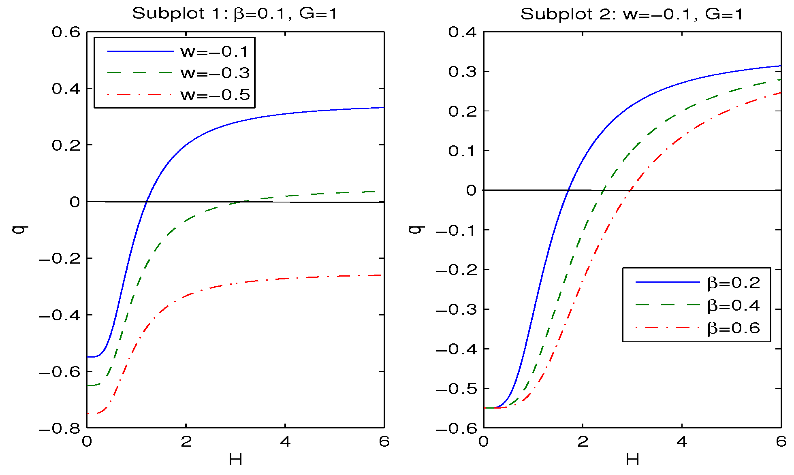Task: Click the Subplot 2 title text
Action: pos(632,14)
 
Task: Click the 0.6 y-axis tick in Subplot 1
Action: pos(66,32)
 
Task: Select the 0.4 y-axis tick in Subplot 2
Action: pos(463,32)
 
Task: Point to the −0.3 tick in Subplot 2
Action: pos(457,309)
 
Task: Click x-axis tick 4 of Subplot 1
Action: pos(285,441)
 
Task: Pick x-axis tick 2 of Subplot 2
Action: pos(583,441)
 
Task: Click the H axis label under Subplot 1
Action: pos(235,460)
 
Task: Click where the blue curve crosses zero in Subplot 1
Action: pos(147,201)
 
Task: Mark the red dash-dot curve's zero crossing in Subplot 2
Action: pos(630,190)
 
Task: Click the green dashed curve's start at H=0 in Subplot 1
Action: pos(88,385)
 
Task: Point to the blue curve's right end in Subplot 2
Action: pos(780,66)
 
